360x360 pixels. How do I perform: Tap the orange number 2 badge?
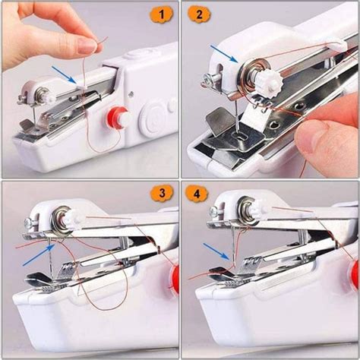pyautogui.click(x=199, y=15)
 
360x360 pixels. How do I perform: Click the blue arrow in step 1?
pyautogui.click(x=64, y=73)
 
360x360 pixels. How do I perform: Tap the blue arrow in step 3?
pyautogui.click(x=35, y=256)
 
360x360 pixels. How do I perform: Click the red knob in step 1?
pyautogui.click(x=115, y=118)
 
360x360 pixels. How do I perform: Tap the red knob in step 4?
pyautogui.click(x=355, y=275)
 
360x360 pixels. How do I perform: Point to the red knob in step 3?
pyautogui.click(x=175, y=278)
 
